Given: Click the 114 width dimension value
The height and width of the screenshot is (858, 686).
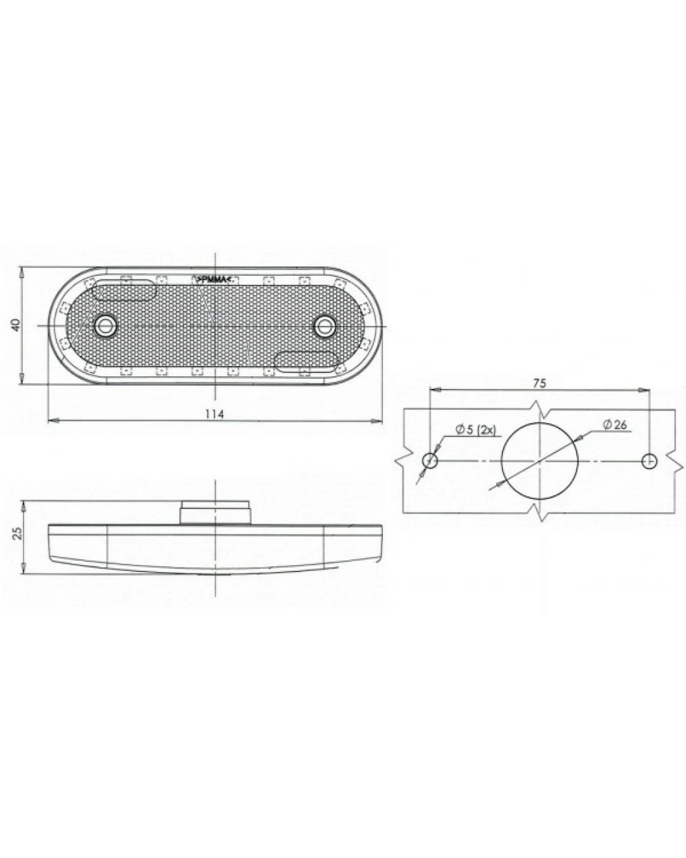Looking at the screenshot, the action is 215,414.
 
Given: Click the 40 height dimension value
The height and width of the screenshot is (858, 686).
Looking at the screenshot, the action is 16,325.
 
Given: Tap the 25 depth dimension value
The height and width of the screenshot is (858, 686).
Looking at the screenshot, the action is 18,534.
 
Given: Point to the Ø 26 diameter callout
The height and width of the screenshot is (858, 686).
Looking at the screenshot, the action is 615,425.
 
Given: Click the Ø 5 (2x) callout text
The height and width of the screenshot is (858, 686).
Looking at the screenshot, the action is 476,430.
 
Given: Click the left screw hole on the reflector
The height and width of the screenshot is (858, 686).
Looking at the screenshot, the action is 105,326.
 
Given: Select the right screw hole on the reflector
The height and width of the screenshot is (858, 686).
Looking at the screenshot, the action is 325,326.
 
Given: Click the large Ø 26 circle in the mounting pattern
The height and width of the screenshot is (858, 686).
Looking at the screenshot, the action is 501,461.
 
